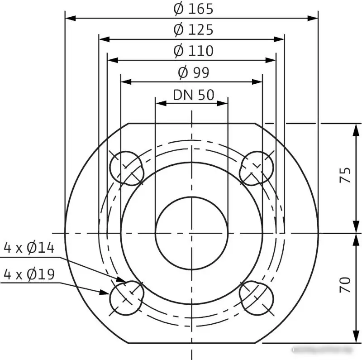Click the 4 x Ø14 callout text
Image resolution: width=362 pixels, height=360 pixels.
click(x=29, y=248)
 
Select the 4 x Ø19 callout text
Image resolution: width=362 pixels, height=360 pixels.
click(x=29, y=274)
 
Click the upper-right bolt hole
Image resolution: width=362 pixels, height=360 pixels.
click(x=257, y=168)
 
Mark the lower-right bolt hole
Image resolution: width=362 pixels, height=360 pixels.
click(x=257, y=298)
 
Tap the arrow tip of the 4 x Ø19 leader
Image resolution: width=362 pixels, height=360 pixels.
click(x=110, y=292)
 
